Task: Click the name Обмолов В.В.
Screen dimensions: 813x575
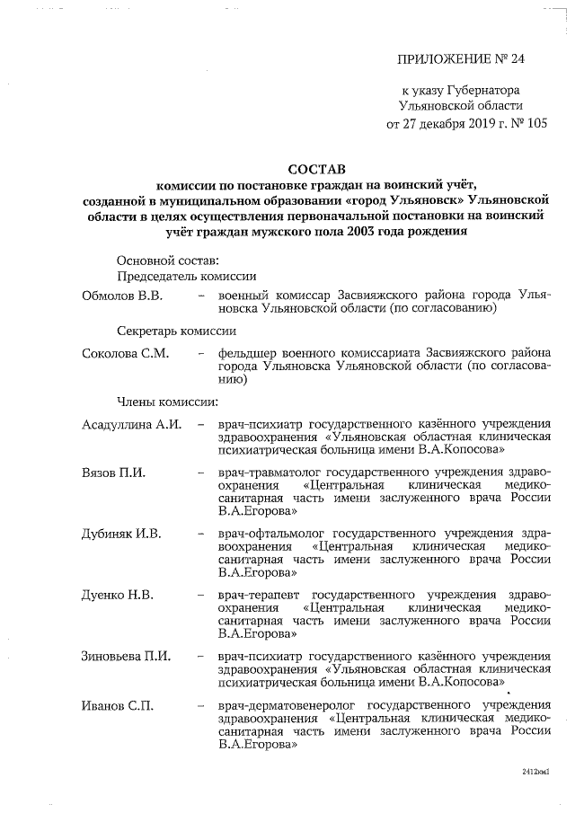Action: [121, 295]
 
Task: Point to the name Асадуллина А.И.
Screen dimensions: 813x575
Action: [132, 423]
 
